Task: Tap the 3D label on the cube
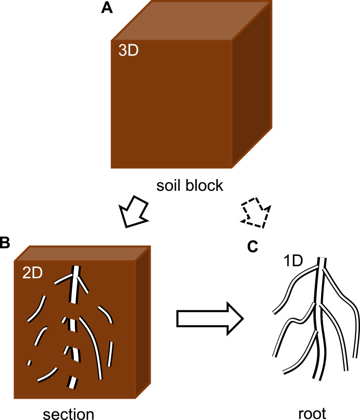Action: point(128,51)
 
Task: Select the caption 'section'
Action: point(68,413)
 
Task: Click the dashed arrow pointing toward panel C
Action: point(255,212)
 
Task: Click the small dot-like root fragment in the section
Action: point(29,362)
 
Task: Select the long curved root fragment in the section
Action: point(92,345)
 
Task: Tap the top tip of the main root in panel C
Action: point(322,259)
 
